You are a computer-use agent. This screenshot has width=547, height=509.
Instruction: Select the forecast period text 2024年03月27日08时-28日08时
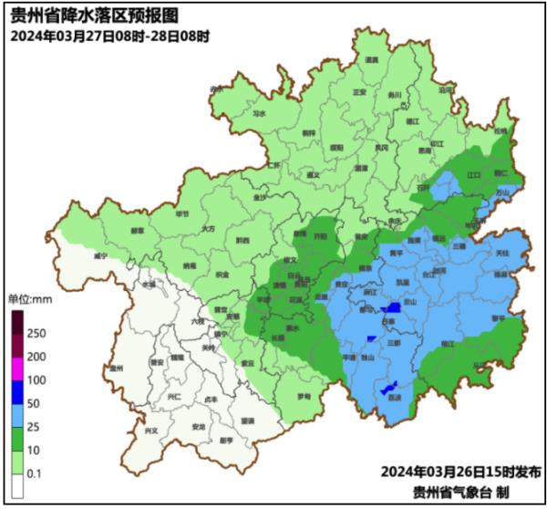(110, 36)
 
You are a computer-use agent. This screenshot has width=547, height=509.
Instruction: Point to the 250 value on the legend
(37, 333)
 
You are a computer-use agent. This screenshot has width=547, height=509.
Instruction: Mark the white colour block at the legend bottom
(17, 488)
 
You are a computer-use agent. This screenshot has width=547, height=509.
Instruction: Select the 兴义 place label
(138, 429)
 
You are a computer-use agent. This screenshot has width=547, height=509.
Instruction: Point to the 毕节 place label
(180, 215)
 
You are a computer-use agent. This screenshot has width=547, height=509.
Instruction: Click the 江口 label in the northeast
(473, 172)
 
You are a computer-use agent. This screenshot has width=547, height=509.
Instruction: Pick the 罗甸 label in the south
(304, 398)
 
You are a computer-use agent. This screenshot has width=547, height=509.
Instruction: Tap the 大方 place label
(209, 229)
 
